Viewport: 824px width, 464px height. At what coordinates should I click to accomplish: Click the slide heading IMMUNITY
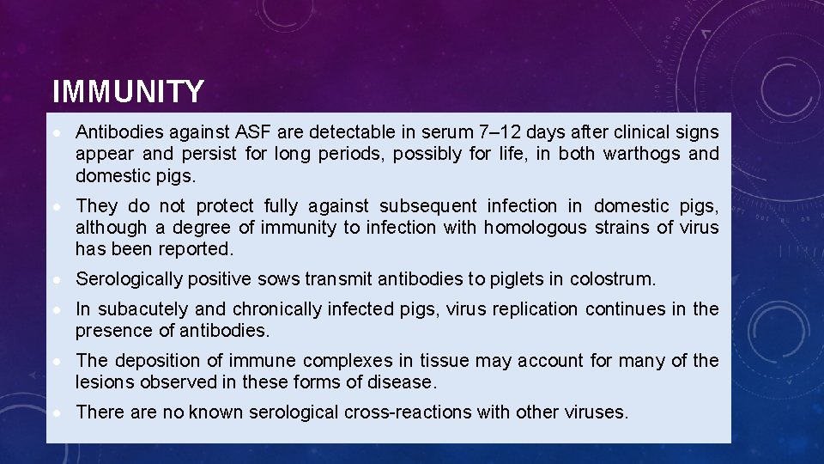click(x=128, y=91)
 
